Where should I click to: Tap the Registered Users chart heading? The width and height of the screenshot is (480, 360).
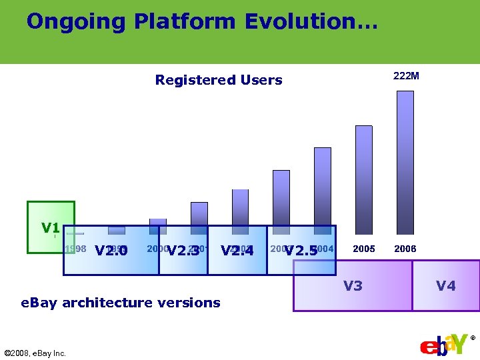point(218,80)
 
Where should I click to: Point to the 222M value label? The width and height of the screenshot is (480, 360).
point(406,76)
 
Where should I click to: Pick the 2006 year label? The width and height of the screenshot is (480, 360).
point(405,249)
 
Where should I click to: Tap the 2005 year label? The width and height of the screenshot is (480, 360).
point(363,249)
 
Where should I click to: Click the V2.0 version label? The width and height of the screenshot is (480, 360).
point(111,251)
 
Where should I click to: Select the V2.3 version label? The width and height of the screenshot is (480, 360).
point(183,251)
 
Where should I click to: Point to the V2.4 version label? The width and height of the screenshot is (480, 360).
point(237,251)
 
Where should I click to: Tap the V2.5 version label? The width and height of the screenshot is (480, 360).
point(301,251)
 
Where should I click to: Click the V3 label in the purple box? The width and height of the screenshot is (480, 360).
point(353,286)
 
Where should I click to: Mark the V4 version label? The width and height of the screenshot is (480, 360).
point(446,286)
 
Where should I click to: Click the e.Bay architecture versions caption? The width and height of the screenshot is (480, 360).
point(121,303)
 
